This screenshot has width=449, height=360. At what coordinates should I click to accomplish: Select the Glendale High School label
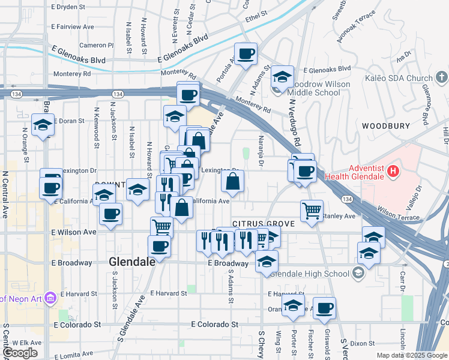click(310, 274)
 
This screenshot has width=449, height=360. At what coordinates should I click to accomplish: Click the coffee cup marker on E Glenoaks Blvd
click(245, 55)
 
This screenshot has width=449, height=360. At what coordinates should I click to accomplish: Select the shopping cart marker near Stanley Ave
click(312, 211)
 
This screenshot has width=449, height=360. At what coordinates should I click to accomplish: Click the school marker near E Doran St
click(43, 125)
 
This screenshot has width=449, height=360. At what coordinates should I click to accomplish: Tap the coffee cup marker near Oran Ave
click(325, 308)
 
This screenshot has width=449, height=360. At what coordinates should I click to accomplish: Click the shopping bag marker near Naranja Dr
click(233, 180)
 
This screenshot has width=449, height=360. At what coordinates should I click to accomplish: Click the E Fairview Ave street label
click(73, 27)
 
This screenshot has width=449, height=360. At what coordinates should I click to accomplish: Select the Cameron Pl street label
click(96, 45)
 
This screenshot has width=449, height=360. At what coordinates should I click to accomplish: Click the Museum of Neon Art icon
click(50, 298)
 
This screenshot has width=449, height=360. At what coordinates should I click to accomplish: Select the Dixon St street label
click(363, 344)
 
